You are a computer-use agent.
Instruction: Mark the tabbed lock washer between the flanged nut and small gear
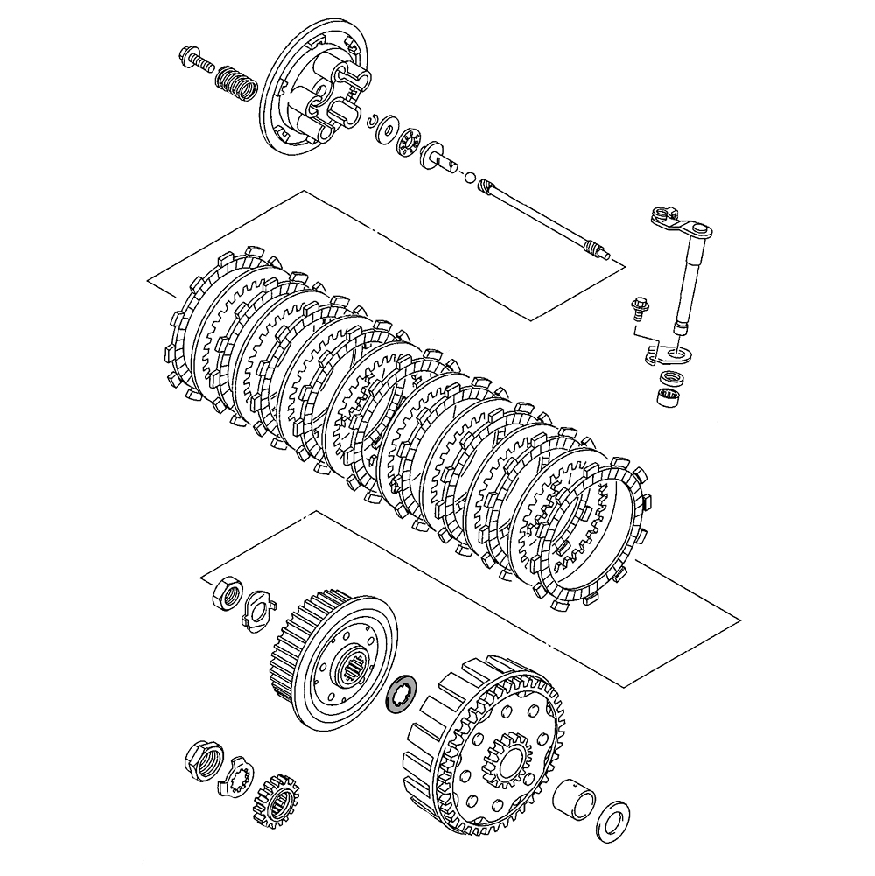(237, 775)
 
